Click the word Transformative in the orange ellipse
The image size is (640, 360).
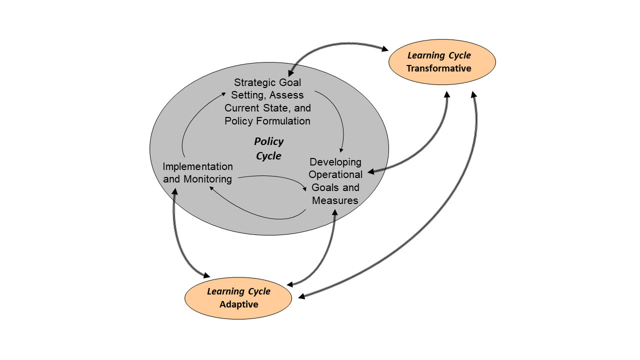click(x=438, y=68)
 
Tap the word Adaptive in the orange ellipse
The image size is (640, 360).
click(x=238, y=304)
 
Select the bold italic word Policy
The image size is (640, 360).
click(x=268, y=141)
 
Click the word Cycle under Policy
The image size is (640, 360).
click(x=268, y=156)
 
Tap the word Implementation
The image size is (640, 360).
click(x=197, y=166)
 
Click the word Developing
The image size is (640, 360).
click(x=335, y=162)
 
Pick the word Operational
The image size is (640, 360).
click(x=335, y=174)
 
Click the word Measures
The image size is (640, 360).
click(x=335, y=200)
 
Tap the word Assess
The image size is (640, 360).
click(x=288, y=95)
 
